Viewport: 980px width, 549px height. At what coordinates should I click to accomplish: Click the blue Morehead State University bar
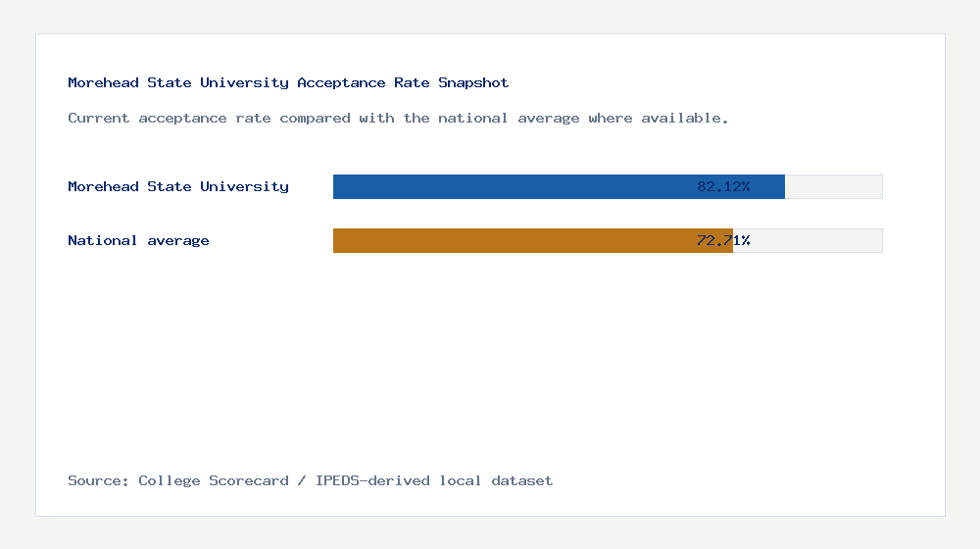[510, 186]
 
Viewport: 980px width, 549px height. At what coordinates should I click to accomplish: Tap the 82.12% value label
[723, 186]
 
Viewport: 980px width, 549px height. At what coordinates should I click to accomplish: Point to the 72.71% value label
[723, 240]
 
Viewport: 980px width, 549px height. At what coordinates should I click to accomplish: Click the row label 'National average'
[138, 240]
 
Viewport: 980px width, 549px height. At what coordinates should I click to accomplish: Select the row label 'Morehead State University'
[178, 186]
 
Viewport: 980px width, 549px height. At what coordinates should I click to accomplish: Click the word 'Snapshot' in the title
[473, 82]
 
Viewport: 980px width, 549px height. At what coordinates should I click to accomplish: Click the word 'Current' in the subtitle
[99, 118]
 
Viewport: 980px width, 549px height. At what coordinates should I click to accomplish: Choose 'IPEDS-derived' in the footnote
[372, 480]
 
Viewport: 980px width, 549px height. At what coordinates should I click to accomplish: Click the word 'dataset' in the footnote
[522, 480]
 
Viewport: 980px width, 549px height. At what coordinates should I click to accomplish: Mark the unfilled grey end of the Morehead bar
[833, 186]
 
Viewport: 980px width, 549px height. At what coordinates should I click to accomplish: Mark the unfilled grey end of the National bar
[808, 240]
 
